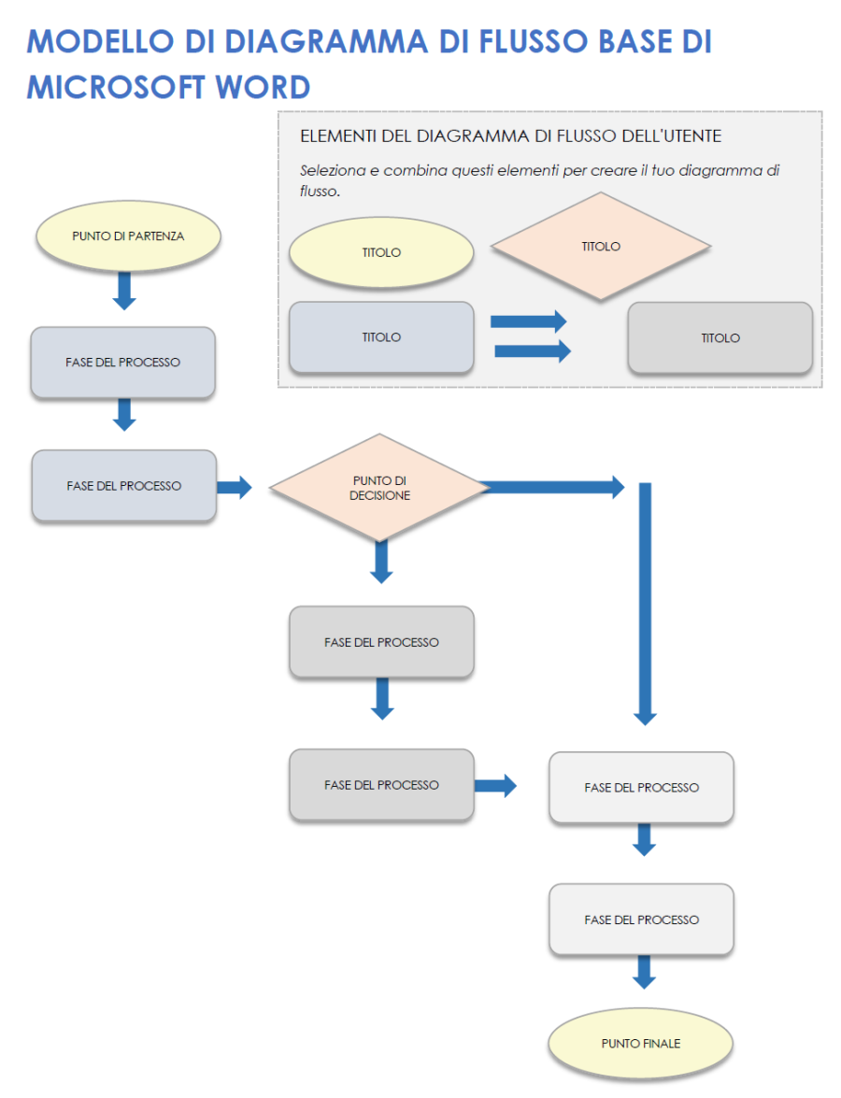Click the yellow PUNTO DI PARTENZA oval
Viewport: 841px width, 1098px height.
click(128, 236)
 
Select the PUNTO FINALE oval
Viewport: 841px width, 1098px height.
click(640, 1043)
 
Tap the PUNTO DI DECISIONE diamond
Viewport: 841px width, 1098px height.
click(379, 487)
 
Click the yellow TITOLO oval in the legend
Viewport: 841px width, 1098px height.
click(381, 252)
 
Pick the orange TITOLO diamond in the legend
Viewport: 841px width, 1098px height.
click(601, 247)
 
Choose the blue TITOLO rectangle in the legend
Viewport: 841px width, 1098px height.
click(381, 337)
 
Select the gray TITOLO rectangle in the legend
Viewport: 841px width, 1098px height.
click(720, 338)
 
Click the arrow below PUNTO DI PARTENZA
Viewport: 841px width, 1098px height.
click(124, 290)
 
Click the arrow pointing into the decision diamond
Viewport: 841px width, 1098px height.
click(234, 487)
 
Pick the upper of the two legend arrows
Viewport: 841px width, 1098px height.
click(528, 321)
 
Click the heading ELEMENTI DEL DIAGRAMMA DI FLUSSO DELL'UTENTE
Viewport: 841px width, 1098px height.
click(510, 136)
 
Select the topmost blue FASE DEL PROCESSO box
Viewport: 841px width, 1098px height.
click(123, 362)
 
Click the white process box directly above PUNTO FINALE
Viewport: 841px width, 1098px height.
click(641, 920)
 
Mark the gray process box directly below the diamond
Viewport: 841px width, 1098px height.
click(381, 642)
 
